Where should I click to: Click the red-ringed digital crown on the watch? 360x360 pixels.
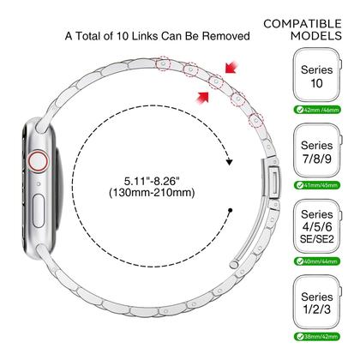38,161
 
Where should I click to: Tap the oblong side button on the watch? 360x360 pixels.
39,211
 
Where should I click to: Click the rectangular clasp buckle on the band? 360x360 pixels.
273,178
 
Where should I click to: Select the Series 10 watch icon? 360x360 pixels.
317,75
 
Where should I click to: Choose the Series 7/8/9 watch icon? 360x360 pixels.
318,151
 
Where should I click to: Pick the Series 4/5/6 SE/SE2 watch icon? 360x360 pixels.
318,226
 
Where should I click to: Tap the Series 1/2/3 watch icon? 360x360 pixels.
318,302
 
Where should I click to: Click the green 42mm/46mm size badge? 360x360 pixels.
317,110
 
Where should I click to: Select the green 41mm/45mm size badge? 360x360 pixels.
317,185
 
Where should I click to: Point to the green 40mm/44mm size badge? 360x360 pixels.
317,261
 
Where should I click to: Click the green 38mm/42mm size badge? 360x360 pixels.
317,337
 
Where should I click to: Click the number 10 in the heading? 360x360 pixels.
122,36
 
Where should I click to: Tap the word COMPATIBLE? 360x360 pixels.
303,24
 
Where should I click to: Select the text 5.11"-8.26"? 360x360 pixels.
152,181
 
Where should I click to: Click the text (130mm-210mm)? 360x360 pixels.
152,193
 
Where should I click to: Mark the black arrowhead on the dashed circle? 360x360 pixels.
230,162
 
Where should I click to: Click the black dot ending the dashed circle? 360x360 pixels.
231,210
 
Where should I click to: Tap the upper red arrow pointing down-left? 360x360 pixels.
231,68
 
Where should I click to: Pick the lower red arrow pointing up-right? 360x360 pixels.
202,98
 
